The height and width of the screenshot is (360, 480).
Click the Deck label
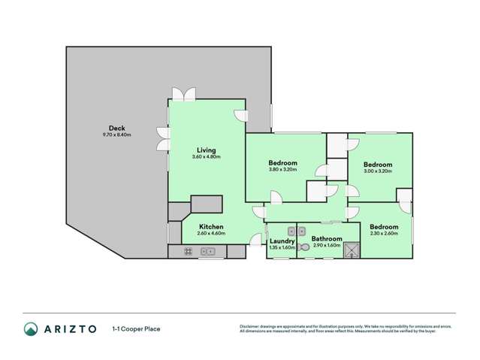point(116,129)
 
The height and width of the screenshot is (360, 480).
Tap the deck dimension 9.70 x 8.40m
point(116,135)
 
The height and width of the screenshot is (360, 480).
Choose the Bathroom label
point(327,239)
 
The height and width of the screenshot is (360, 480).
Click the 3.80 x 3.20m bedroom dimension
point(282,170)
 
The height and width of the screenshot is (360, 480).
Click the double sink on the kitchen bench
point(207,252)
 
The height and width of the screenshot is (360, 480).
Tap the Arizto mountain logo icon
point(31,328)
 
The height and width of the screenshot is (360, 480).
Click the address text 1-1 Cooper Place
point(136,328)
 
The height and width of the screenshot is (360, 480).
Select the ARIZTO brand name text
point(69,328)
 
